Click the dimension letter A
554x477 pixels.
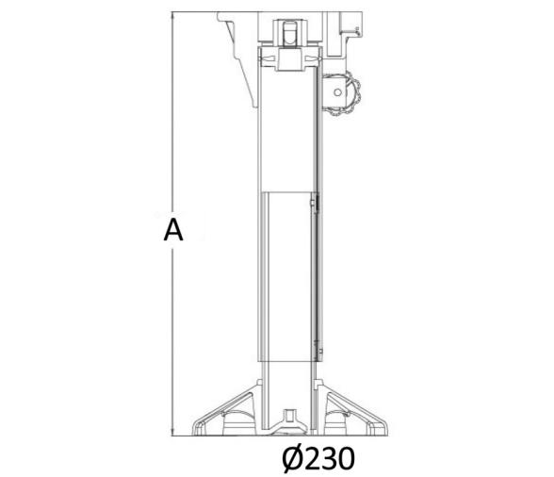(x=172, y=230)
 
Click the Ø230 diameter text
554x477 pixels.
(x=318, y=459)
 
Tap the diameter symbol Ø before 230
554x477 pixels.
(x=293, y=459)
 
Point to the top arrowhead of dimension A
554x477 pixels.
(x=172, y=16)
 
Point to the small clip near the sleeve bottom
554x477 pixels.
(x=319, y=351)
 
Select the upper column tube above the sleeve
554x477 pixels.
(x=288, y=132)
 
